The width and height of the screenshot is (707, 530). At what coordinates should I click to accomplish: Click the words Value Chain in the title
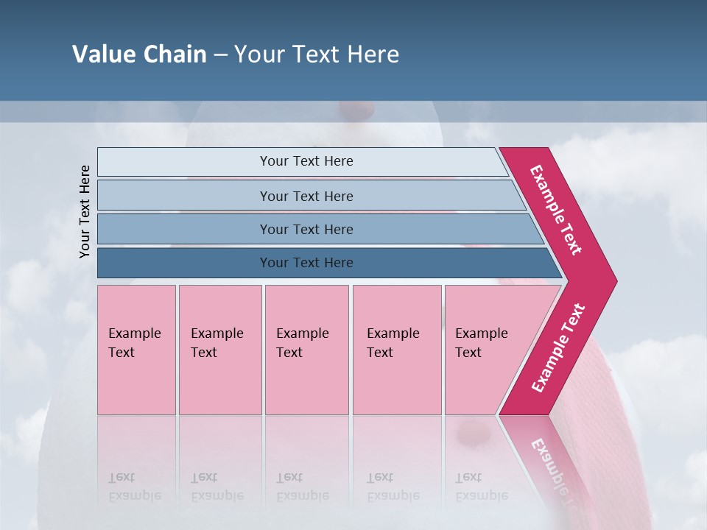pyautogui.click(x=139, y=54)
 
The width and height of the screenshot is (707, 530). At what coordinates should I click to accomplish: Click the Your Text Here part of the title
pyautogui.click(x=317, y=54)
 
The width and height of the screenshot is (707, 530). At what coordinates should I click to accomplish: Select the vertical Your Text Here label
pyautogui.click(x=85, y=211)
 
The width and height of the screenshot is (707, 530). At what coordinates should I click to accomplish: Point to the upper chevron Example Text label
pyautogui.click(x=556, y=210)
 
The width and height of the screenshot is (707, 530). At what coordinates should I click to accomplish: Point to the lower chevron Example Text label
pyautogui.click(x=558, y=348)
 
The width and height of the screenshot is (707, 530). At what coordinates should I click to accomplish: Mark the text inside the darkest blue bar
pyautogui.click(x=306, y=263)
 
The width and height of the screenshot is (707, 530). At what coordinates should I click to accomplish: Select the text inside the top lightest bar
pyautogui.click(x=306, y=161)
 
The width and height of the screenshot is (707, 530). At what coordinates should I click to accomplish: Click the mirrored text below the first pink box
pyautogui.click(x=134, y=487)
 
